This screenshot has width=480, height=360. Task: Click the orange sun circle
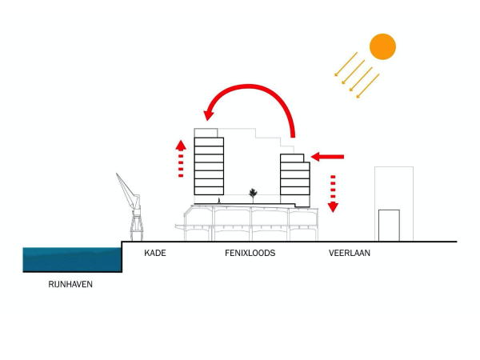tap(382, 46)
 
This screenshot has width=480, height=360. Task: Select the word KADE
tap(154, 254)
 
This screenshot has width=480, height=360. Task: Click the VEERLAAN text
tap(350, 254)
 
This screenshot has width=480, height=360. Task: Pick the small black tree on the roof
tap(254, 193)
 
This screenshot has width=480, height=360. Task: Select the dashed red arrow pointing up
tap(181, 158)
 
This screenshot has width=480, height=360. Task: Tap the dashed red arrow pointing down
tap(333, 192)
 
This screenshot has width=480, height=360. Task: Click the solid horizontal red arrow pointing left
tap(328, 157)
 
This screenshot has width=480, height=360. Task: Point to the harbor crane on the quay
tap(130, 204)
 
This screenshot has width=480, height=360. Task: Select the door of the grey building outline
tap(389, 225)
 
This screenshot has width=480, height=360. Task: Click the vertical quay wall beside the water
tap(122, 256)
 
